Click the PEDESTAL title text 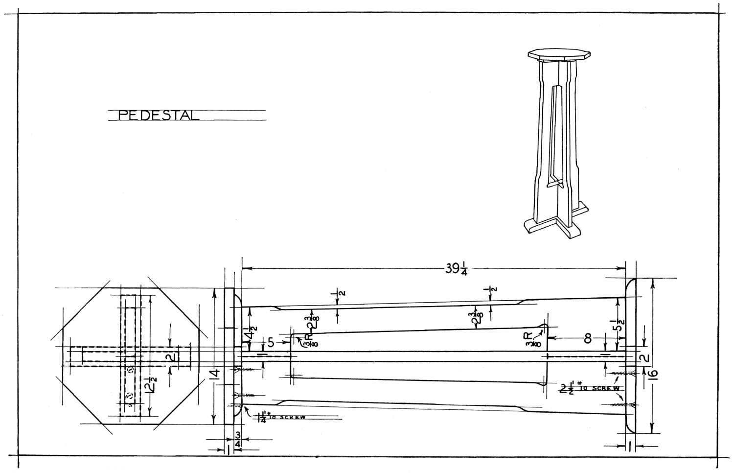tap(159, 116)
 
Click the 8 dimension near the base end tap(588, 338)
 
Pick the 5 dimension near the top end tap(271, 342)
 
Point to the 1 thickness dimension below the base tap(630, 445)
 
